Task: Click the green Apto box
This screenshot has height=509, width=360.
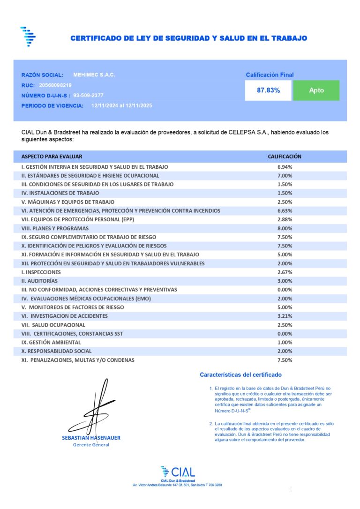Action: (x=316, y=90)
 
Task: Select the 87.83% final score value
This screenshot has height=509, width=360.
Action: (x=268, y=90)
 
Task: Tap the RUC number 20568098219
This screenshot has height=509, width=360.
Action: (x=55, y=85)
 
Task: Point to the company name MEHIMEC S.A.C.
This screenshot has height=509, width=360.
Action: (x=94, y=75)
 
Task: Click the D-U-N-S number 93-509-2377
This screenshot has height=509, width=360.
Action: (x=89, y=95)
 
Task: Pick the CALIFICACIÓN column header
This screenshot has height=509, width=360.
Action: (x=285, y=157)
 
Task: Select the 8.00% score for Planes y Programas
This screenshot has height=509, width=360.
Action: (x=285, y=228)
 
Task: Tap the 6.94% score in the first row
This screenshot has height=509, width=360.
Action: (x=285, y=167)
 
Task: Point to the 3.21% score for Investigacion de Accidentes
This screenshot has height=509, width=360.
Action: (x=285, y=316)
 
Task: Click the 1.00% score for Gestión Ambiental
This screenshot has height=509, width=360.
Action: (x=285, y=343)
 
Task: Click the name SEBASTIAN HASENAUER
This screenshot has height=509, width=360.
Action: (x=91, y=438)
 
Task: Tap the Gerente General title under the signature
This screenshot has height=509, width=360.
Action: (x=91, y=445)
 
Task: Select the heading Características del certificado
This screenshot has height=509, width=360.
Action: (x=240, y=375)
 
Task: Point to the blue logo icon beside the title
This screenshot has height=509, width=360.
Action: (x=28, y=37)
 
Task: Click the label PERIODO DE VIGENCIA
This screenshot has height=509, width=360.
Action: (x=52, y=106)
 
